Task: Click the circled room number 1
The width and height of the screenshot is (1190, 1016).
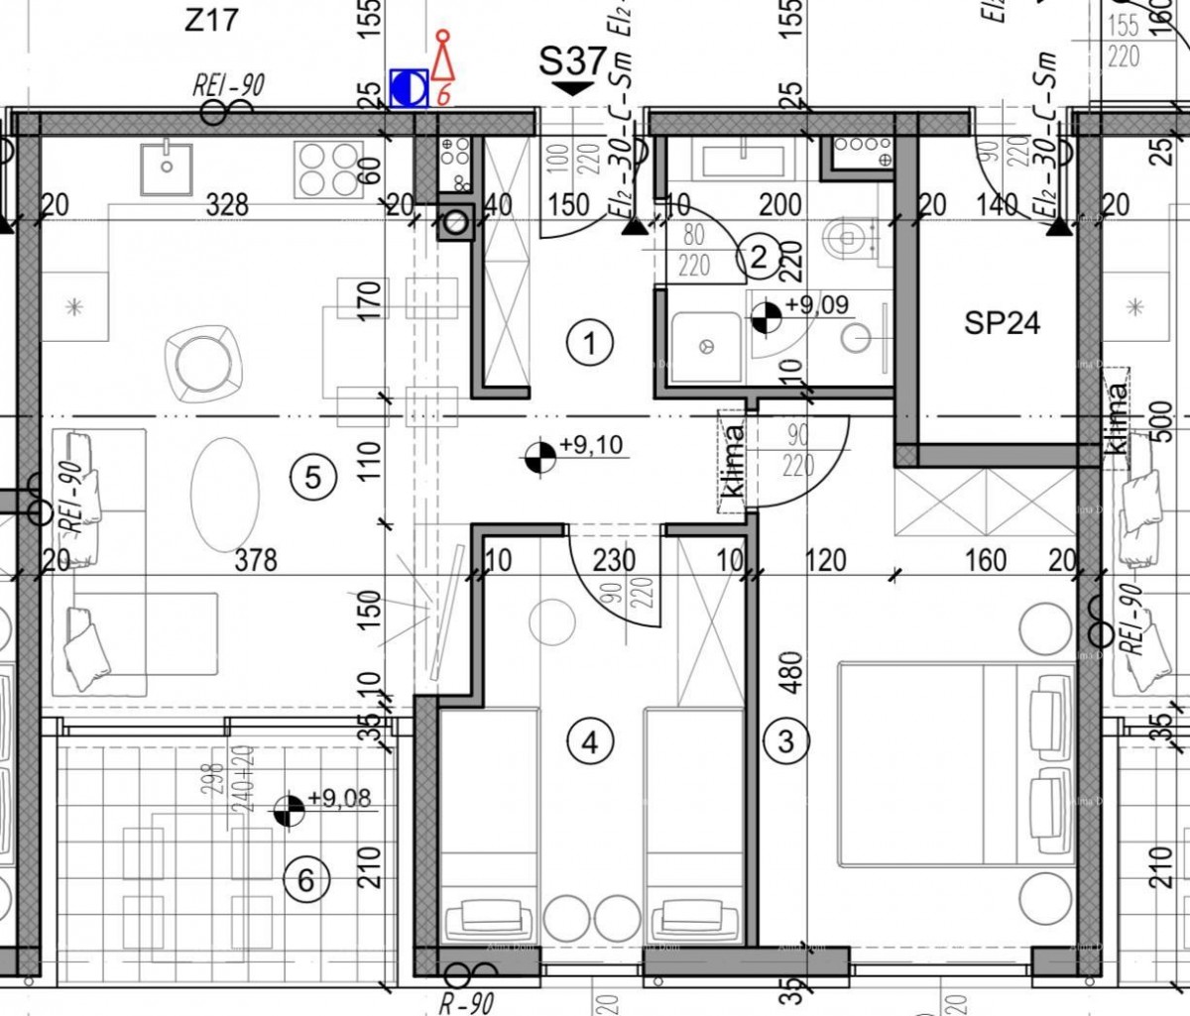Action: point(590,344)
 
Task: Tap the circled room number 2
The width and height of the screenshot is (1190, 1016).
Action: point(759,258)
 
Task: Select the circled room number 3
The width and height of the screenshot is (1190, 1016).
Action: point(786,740)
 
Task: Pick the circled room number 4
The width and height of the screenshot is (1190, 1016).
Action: point(591,741)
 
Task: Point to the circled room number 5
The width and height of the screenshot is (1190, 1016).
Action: point(312,479)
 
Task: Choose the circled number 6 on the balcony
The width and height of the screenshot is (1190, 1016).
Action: point(305,879)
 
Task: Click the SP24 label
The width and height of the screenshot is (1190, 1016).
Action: point(1002,323)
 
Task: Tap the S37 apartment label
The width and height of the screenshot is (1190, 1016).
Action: point(571,61)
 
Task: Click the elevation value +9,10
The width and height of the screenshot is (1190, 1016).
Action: point(591,445)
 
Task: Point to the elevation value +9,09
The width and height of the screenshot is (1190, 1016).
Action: point(816,304)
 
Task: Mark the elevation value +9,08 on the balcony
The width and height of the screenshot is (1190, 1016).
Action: point(340,798)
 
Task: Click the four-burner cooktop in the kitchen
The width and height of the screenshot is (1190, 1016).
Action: point(326,169)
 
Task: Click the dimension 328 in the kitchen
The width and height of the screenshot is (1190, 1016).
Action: point(228,205)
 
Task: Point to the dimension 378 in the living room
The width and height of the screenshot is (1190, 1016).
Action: point(256,561)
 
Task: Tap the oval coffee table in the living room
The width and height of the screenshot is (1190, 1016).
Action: point(223,492)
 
